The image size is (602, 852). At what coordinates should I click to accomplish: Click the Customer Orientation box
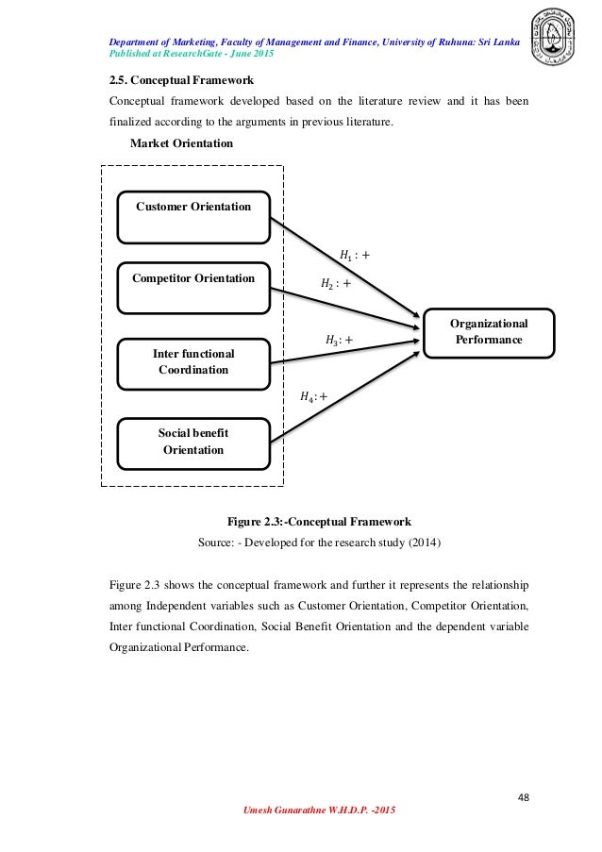193,216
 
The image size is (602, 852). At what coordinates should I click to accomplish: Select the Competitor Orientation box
193,288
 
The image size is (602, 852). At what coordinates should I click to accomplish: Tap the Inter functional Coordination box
193,361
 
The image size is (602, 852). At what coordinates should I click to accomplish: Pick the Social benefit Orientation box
193,441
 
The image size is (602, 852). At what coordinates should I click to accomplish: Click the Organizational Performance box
489,331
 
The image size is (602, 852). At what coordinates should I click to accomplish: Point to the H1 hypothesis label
354,254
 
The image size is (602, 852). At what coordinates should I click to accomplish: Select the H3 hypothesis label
340,340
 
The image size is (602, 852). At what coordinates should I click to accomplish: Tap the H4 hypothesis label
314,397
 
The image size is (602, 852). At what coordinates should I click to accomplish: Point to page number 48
523,796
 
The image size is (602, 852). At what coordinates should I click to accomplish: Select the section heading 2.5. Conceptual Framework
182,80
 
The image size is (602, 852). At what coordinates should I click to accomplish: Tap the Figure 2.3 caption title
319,522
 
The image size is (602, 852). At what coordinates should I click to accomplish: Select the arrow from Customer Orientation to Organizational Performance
344,270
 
